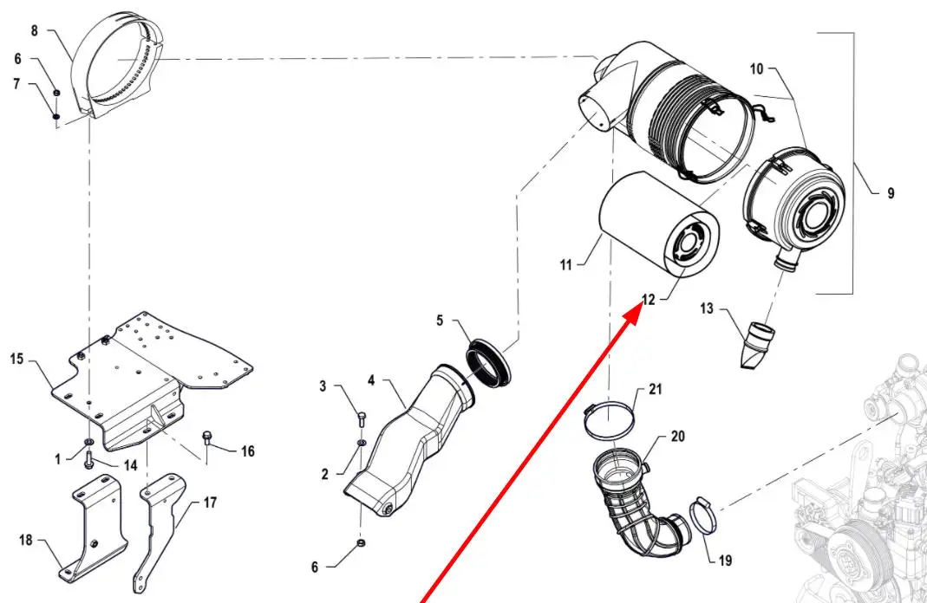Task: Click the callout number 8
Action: (35, 30)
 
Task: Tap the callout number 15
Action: (16, 358)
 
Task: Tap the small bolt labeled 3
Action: (362, 419)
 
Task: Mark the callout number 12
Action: (648, 300)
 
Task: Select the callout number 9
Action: (891, 194)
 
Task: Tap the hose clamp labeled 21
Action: (608, 423)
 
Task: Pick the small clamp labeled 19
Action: (703, 519)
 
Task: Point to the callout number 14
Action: (130, 465)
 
